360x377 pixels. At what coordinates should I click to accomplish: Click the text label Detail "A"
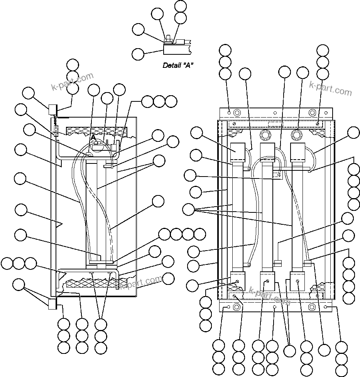(178, 65)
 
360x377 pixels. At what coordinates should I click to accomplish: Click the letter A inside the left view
(93, 137)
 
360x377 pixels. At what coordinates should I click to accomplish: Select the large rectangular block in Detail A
(176, 49)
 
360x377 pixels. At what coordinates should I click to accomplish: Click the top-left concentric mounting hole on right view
(237, 113)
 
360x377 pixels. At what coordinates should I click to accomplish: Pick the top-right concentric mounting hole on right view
(312, 113)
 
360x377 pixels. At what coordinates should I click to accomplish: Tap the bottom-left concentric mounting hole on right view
(237, 307)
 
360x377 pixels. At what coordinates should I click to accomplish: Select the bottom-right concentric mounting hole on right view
(312, 307)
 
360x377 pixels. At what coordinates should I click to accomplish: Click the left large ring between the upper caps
(265, 135)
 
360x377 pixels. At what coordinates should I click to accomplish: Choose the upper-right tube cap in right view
(298, 153)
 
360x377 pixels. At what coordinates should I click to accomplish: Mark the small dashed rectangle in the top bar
(275, 124)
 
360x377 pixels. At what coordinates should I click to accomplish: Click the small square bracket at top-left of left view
(52, 109)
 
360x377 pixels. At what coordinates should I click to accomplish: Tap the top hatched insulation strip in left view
(96, 131)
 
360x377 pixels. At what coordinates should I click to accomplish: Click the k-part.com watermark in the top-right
(331, 88)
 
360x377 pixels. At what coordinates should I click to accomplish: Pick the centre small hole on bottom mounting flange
(274, 307)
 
